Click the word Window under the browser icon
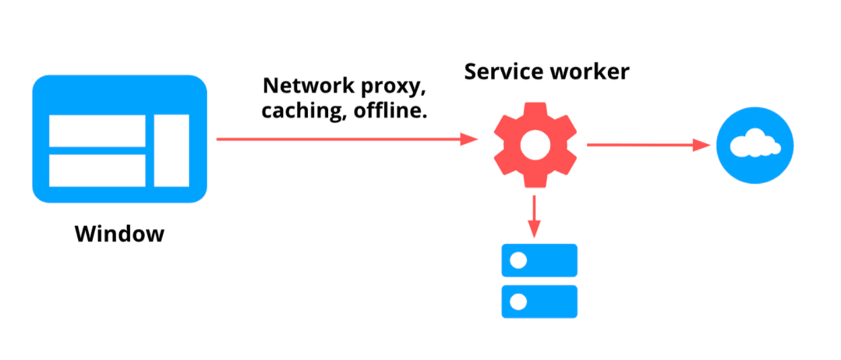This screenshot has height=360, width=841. tap(119, 234)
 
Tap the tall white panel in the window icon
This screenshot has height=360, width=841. tap(171, 150)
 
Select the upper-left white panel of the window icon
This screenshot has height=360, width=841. tap(97, 130)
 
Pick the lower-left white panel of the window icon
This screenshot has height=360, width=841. tap(97, 171)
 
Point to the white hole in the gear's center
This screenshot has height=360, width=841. tap(535, 144)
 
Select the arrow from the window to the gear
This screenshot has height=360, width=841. tap(346, 140)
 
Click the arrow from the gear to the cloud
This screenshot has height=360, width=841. tap(648, 144)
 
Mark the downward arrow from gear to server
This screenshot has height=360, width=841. tap(534, 216)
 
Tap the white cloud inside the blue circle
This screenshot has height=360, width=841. tap(755, 144)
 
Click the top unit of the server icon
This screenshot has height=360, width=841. tap(539, 260)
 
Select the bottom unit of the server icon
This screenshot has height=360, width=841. tap(539, 301)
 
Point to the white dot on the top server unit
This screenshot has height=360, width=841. tap(518, 260)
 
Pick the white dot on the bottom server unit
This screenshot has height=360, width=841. tap(518, 301)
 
